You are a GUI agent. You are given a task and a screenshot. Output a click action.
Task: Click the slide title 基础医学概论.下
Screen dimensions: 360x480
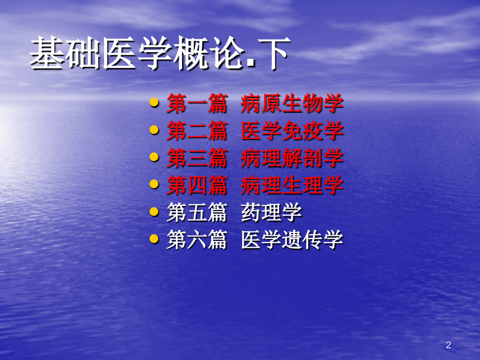point(159,54)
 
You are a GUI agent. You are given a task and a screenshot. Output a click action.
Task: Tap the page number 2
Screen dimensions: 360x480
point(449,345)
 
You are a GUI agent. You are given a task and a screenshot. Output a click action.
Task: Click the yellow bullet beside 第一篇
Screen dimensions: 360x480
point(154,102)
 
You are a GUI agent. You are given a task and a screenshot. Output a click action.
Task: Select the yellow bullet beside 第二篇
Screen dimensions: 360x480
point(154,129)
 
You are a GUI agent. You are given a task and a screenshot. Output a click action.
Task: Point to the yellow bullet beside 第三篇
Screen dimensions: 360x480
point(154,157)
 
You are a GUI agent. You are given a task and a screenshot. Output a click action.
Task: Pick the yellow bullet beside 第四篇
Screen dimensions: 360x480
point(154,184)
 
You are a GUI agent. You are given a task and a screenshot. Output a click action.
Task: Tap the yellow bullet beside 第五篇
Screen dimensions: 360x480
point(154,211)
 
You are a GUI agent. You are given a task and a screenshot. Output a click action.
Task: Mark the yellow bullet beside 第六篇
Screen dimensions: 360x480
point(154,238)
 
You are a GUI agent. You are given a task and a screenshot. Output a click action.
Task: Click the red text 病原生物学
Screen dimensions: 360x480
point(292,104)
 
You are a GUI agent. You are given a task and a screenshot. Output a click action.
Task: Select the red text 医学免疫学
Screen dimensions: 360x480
point(292,131)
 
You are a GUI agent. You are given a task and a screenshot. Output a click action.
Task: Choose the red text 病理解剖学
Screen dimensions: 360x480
point(292,158)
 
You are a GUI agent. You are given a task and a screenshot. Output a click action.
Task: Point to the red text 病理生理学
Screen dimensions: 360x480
point(292,185)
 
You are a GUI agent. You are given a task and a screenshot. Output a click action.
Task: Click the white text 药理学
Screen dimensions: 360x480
point(271,212)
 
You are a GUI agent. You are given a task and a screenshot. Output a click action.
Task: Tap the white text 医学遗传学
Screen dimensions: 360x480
point(292,240)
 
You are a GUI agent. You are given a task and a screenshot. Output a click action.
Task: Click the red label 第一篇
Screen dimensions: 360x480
point(197,104)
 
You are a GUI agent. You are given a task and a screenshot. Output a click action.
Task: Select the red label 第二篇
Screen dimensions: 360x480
point(197,131)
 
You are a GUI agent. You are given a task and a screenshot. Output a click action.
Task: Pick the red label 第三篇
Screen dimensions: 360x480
point(197,158)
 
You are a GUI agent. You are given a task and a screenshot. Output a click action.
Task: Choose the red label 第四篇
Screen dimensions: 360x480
point(197,185)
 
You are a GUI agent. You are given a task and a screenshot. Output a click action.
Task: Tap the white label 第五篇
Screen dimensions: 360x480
point(197,212)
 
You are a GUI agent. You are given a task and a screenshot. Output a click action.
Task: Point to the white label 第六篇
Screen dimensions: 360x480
point(197,240)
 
